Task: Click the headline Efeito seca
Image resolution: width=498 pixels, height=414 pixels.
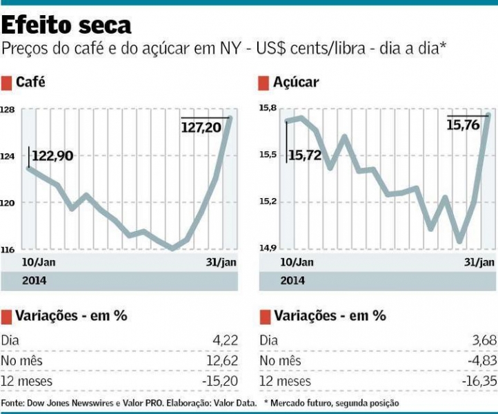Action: point(66,26)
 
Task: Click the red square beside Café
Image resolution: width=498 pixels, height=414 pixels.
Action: point(6,83)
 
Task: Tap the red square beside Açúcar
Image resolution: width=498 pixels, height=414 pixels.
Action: point(263,83)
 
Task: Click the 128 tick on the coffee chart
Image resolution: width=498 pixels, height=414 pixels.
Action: point(8,110)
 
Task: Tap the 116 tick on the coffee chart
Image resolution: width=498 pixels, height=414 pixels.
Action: point(8,249)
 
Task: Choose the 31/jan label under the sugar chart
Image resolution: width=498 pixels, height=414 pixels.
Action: point(477,262)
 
